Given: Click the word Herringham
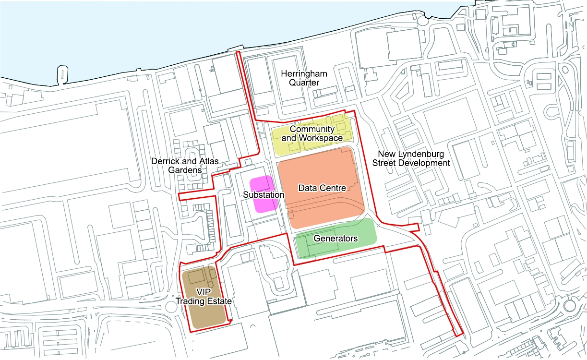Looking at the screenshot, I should coord(304,73).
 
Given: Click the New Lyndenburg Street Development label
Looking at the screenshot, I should coord(411,158).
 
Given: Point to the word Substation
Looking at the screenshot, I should coord(264,195).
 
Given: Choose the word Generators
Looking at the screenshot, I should coord(335,238).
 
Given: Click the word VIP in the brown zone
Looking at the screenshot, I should coord(204,292).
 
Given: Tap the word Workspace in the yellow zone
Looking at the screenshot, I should coord(321,138).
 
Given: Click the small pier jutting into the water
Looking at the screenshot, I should coord(62,73).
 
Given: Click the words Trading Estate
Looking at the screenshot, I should coord(204,301).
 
